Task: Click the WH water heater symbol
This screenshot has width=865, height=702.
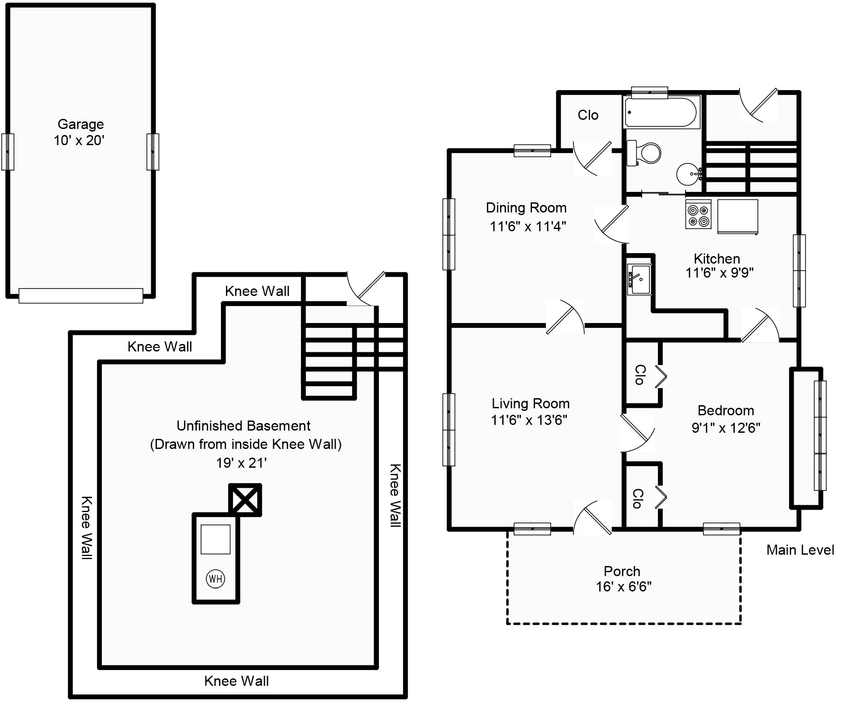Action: [215, 579]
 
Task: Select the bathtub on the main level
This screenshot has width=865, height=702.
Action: [661, 112]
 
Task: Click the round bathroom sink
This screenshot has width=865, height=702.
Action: [688, 174]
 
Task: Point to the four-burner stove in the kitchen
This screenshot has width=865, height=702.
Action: [698, 215]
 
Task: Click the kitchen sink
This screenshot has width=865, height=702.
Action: [639, 279]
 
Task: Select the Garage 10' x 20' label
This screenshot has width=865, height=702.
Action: [80, 132]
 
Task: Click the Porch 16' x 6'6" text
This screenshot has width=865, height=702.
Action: [623, 579]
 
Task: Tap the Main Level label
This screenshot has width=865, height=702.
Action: [800, 550]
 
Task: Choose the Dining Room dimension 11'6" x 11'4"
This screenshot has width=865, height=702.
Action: [528, 226]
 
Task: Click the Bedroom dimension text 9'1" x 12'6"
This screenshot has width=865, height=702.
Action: [726, 427]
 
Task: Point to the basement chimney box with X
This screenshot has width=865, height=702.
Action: [245, 500]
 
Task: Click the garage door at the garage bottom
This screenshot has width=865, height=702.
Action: [81, 295]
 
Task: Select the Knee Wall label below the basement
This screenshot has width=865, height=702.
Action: [236, 681]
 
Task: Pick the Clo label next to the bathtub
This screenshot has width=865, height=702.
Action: [587, 115]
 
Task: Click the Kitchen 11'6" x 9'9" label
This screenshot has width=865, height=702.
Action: [719, 265]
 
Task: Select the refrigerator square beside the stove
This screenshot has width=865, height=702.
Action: [737, 215]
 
